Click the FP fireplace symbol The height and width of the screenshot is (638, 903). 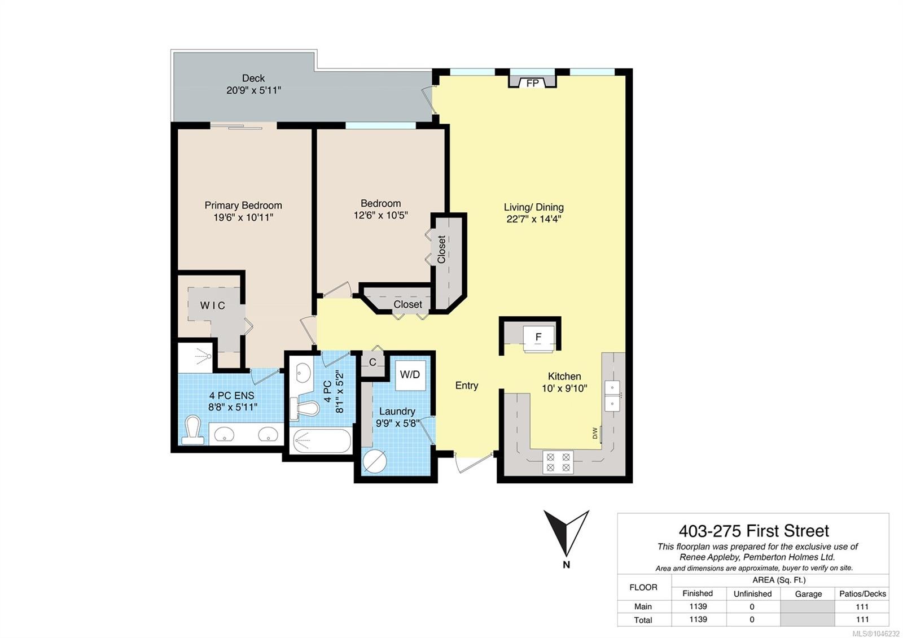click(533, 81)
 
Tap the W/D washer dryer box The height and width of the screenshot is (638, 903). click(410, 375)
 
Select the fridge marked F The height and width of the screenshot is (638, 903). click(538, 338)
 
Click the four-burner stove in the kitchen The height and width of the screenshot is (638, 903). click(558, 462)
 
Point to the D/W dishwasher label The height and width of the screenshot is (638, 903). click(595, 433)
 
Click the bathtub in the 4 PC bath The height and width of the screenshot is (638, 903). click(321, 441)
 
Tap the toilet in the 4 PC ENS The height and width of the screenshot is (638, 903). click(192, 430)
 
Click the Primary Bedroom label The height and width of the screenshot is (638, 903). click(243, 206)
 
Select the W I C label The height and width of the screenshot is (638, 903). click(212, 305)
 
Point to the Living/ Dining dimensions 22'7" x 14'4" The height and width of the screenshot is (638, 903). click(534, 219)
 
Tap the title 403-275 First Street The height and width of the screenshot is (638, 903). click(754, 531)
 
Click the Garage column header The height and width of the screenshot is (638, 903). click(808, 593)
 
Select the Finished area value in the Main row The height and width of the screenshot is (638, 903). click(698, 606)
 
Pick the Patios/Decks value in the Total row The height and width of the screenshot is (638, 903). click(862, 619)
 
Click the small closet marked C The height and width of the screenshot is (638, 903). click(372, 362)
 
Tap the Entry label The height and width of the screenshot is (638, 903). click(467, 386)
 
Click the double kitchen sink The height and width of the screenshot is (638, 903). click(612, 395)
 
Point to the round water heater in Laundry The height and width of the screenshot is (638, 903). click(375, 461)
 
